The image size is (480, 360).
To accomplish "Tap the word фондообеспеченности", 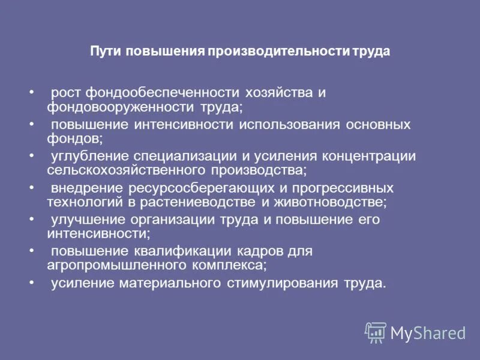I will coord(163,93).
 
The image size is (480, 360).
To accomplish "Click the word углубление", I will coord(85,156).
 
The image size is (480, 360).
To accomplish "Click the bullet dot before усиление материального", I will coord(31,281).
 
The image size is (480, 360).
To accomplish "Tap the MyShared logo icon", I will coord(376,332).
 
